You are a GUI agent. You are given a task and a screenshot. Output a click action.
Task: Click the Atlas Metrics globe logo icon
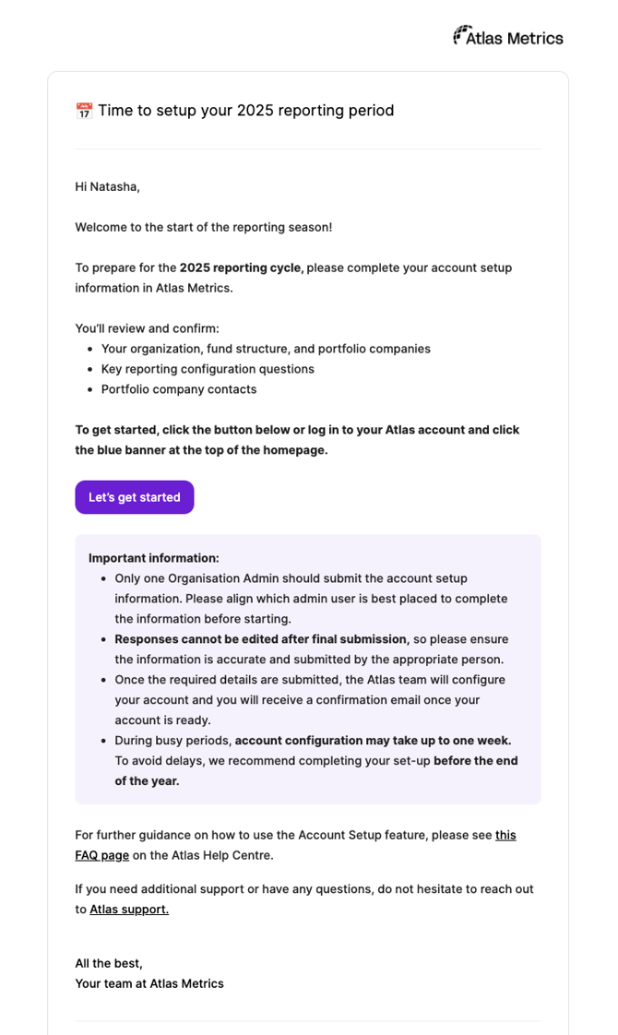click(x=461, y=35)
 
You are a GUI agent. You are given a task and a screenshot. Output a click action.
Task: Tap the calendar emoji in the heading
click(x=84, y=111)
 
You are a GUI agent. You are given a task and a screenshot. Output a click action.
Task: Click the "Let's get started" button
click(x=135, y=497)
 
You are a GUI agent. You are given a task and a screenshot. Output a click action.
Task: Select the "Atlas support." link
click(x=129, y=910)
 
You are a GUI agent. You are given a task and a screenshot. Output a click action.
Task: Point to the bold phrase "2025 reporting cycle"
click(x=240, y=268)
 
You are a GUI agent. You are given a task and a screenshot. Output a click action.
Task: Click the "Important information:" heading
click(x=154, y=558)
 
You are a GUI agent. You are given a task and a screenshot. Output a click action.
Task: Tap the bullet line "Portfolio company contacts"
click(x=179, y=389)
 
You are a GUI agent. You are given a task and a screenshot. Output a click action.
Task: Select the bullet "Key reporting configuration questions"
click(x=208, y=369)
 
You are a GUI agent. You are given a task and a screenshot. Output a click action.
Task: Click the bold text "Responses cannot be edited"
click(x=198, y=639)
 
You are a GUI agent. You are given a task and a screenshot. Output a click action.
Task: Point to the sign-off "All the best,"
click(x=109, y=963)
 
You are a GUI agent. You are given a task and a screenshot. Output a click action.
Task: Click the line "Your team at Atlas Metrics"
click(x=149, y=983)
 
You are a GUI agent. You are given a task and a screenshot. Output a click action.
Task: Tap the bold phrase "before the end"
click(x=475, y=761)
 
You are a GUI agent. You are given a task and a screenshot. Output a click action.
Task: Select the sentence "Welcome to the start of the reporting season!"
click(x=203, y=227)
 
